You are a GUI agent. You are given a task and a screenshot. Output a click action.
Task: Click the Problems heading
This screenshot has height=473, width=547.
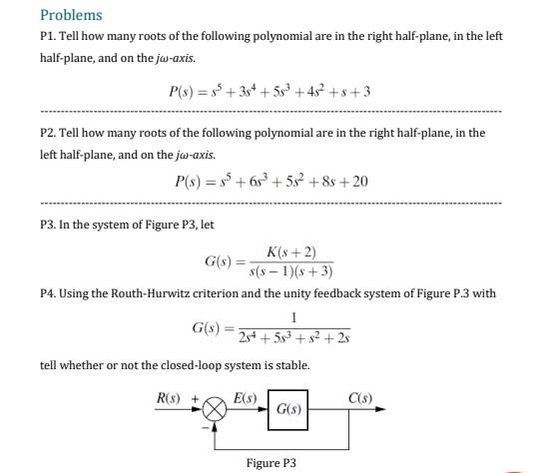71,15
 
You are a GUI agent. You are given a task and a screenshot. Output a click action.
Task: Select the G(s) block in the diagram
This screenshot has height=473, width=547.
287,409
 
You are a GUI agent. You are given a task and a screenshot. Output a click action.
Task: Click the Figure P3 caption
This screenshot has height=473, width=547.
272,463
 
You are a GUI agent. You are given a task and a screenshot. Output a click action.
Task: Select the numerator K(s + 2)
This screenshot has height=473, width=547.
291,251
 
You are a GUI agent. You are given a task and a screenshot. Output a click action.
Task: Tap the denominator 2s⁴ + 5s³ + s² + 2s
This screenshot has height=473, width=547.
289,338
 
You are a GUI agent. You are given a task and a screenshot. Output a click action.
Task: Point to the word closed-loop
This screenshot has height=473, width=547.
185,365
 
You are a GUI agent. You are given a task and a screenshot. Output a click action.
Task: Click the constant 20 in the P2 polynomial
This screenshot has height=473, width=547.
360,182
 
